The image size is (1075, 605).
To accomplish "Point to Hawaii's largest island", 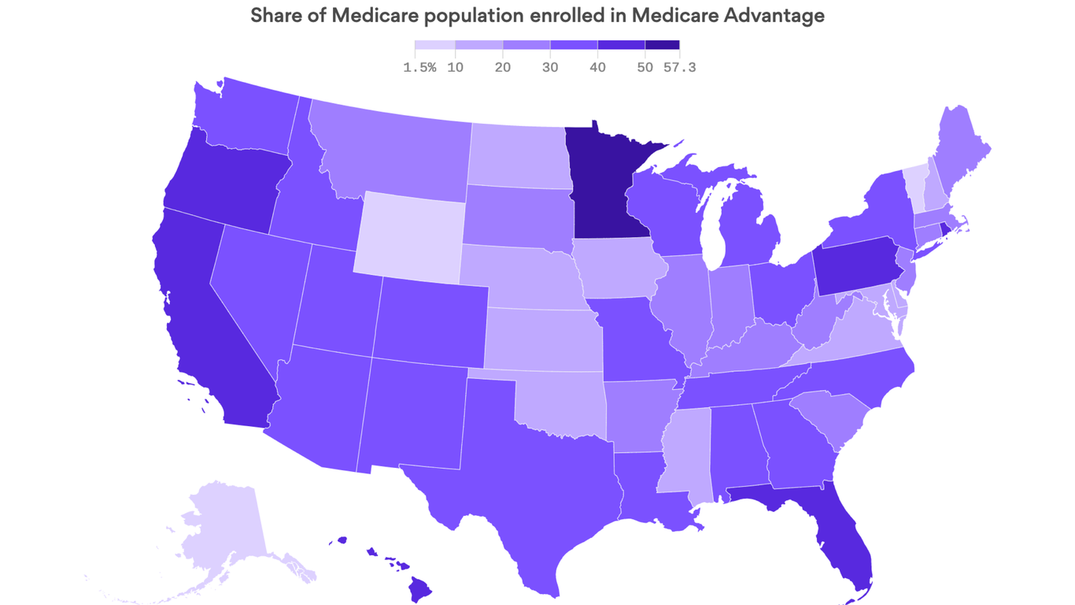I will click(420, 587).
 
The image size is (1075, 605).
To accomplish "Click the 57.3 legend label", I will click(679, 68).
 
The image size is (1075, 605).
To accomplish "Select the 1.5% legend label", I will click(419, 68).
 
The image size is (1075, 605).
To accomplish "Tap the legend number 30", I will click(550, 68).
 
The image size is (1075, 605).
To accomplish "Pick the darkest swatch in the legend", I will click(662, 46).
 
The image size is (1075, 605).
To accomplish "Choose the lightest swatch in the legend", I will click(434, 46).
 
